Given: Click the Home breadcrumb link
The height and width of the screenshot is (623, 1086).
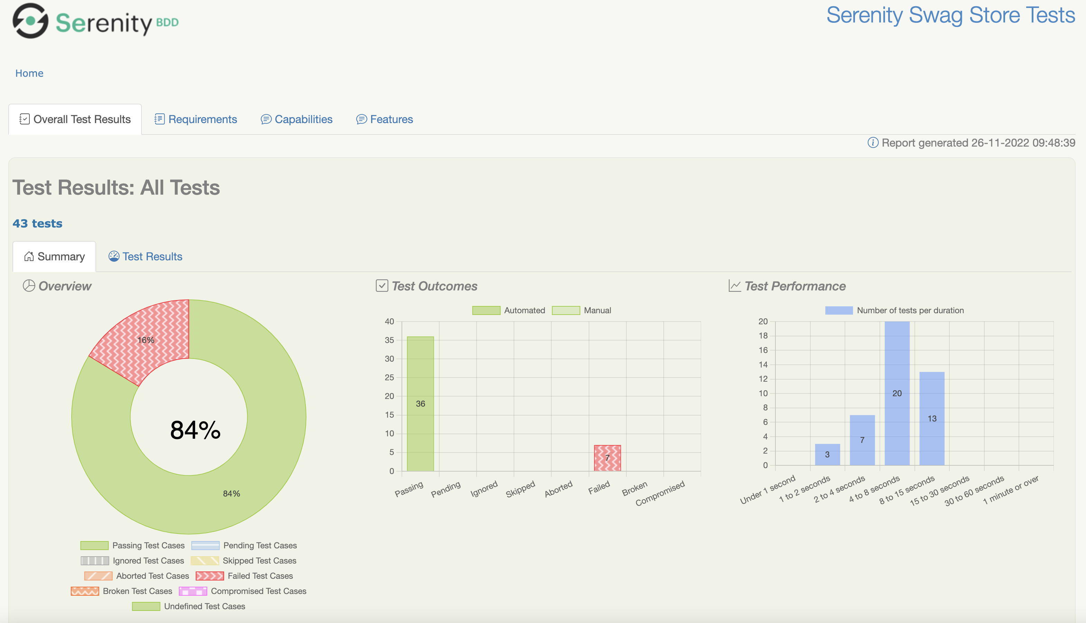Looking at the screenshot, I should click(29, 73).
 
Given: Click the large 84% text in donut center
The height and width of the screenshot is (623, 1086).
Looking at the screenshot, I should click(195, 430).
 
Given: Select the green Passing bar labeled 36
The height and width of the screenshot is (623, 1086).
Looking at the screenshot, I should click(420, 403).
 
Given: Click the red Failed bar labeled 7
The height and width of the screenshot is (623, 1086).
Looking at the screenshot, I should click(607, 458).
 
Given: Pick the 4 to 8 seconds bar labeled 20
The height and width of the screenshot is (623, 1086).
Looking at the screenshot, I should click(897, 393).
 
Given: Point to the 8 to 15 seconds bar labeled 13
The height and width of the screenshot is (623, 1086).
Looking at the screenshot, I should click(931, 418).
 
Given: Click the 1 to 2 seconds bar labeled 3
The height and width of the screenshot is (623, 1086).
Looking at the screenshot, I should click(827, 454).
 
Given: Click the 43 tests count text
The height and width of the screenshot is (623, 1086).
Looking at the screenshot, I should click(37, 223).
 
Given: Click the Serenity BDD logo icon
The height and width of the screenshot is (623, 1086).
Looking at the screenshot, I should click(30, 20).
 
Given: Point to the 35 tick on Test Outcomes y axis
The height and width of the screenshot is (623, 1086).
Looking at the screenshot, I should click(389, 340).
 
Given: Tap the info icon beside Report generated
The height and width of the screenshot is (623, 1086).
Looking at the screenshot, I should click(872, 142).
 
